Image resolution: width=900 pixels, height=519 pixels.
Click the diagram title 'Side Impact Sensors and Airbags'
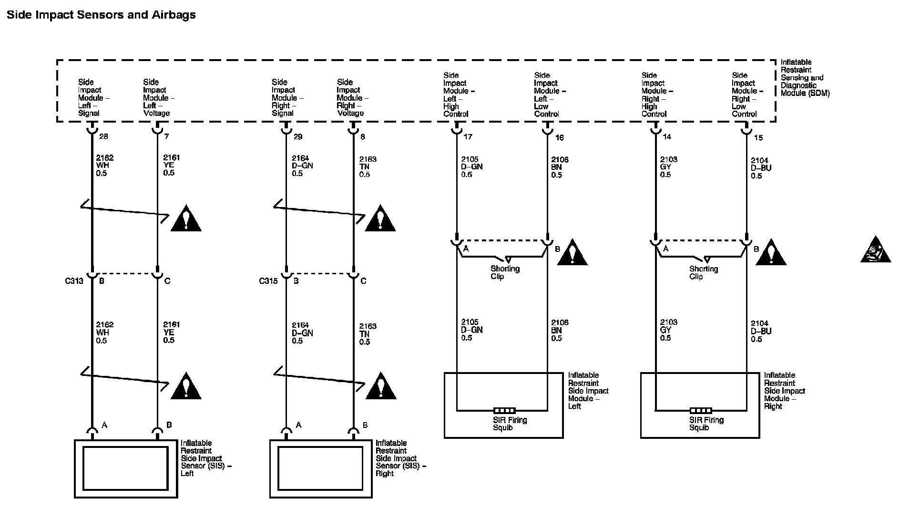[101, 15]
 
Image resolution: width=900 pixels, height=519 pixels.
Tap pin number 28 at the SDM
[103, 136]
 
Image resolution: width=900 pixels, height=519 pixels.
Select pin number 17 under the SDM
[468, 137]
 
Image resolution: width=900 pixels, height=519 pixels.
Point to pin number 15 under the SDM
[758, 138]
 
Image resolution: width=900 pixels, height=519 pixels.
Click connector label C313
[74, 281]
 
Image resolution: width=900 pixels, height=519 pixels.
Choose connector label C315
[268, 281]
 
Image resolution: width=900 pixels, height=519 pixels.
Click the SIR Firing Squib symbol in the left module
[504, 410]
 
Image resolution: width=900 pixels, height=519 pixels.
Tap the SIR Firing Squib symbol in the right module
[701, 410]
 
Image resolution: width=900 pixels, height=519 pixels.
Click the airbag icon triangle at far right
[876, 250]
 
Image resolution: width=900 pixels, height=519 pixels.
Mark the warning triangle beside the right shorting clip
[771, 252]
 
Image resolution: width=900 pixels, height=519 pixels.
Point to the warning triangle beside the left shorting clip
[573, 252]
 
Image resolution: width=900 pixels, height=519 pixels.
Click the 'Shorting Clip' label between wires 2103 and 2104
[704, 272]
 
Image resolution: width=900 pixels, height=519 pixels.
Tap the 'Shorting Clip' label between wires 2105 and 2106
[505, 272]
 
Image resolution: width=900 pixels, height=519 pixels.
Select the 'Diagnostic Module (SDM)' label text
[805, 89]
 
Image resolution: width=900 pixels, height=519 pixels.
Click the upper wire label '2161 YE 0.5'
[172, 165]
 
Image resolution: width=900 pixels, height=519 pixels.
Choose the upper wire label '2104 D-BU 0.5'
[761, 168]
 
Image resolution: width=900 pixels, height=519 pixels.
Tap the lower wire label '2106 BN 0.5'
[560, 331]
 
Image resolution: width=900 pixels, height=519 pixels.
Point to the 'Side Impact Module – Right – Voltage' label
[352, 98]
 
